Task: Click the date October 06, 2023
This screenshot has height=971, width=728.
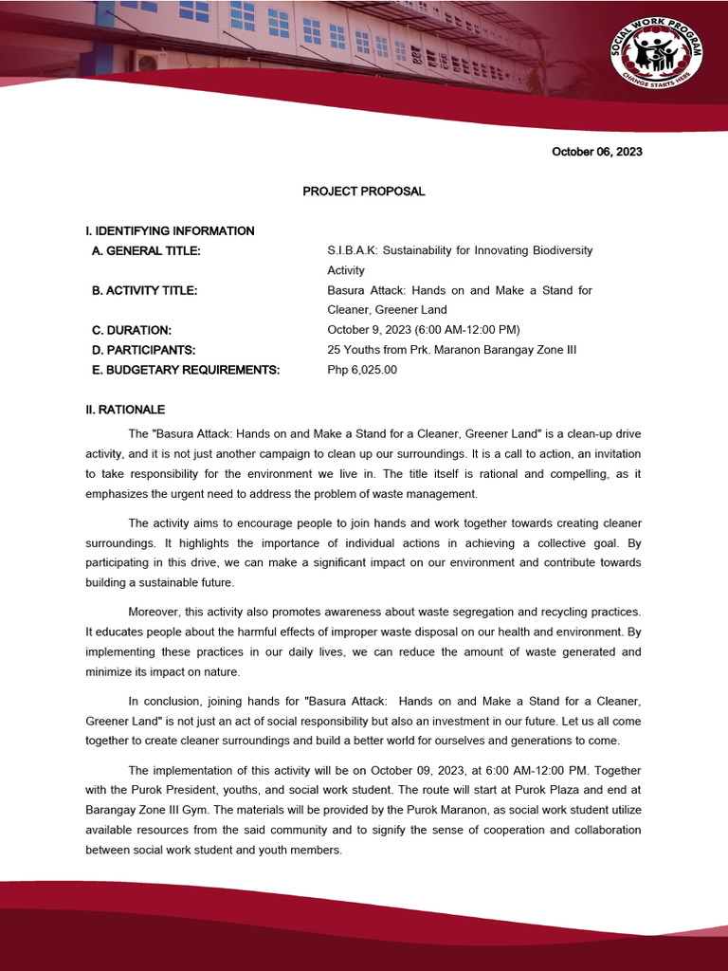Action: pos(597,152)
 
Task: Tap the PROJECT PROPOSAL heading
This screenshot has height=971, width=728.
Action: pos(364,192)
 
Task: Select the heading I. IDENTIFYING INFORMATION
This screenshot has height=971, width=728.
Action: pos(170,230)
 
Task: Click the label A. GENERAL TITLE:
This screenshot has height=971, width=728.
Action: pos(146,250)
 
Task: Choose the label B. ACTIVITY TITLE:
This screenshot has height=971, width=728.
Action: pos(144,290)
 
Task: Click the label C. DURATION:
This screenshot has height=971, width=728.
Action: pos(131,330)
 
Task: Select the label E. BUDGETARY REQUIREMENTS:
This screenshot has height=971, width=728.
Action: pos(186,370)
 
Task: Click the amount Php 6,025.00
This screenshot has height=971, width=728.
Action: pos(362,370)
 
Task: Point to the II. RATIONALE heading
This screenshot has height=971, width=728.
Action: pos(125,410)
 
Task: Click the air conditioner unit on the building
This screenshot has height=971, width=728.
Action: pos(148,61)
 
